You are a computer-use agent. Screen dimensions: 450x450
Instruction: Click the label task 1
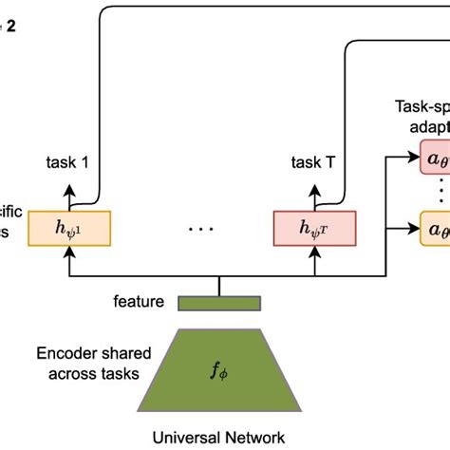(67, 161)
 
